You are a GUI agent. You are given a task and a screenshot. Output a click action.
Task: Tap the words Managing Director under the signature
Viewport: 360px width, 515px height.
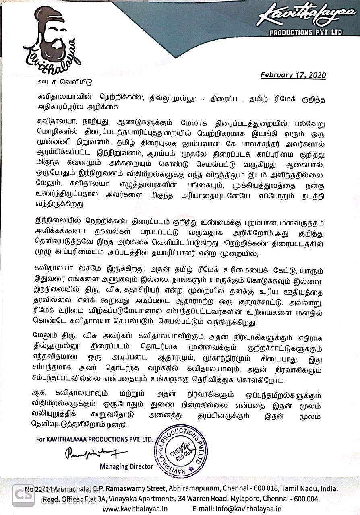click(126, 467)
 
